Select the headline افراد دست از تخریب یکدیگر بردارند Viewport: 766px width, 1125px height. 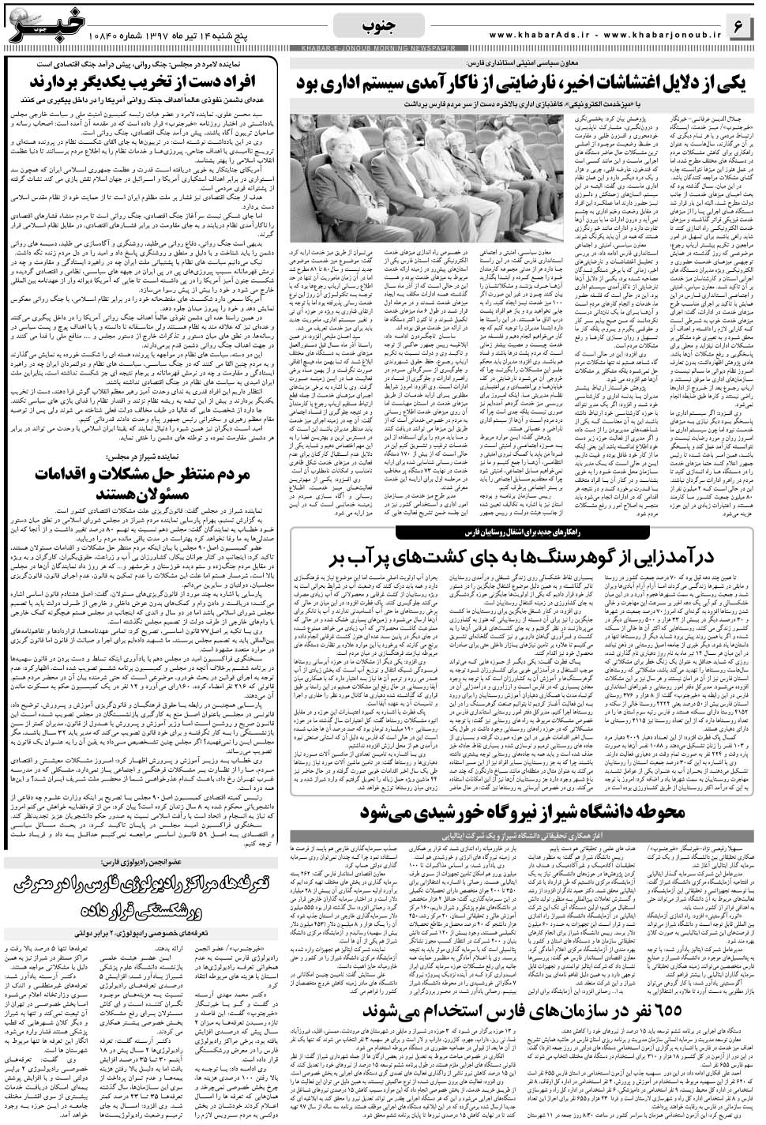146,84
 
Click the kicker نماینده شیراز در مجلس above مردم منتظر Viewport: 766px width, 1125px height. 147,457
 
